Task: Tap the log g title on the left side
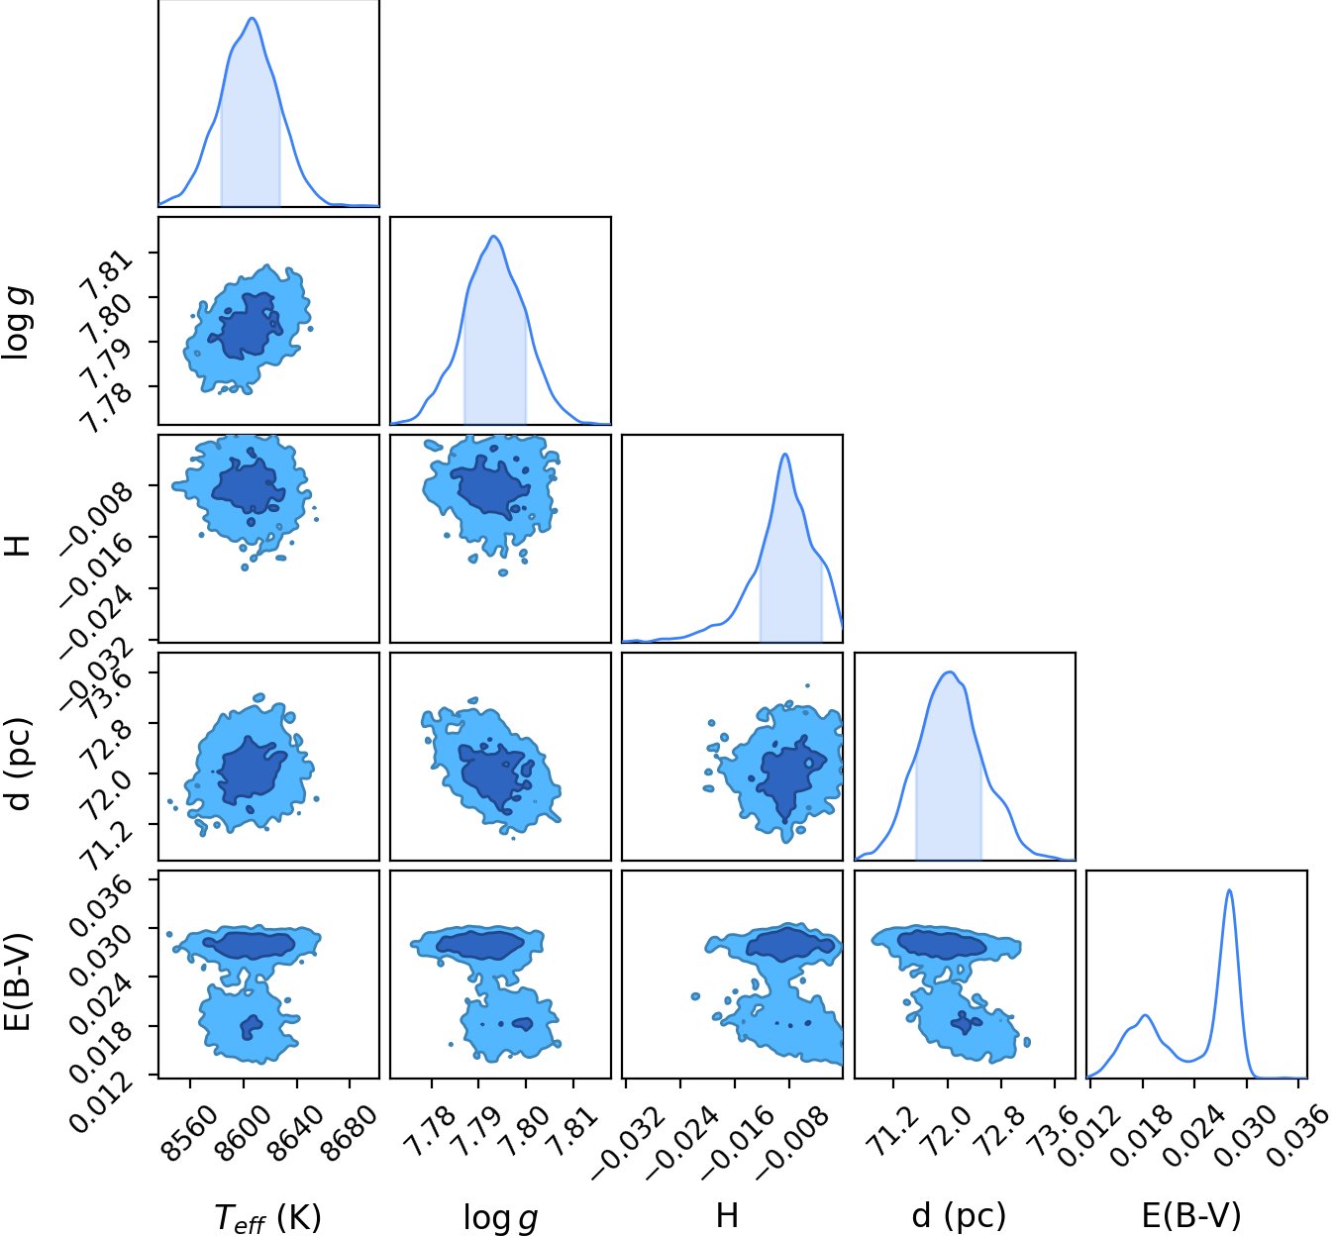click(x=16, y=323)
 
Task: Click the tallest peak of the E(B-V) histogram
click(x=1229, y=890)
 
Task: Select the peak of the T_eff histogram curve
click(x=253, y=18)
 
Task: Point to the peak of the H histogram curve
click(x=784, y=455)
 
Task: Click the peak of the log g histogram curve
click(x=494, y=237)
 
